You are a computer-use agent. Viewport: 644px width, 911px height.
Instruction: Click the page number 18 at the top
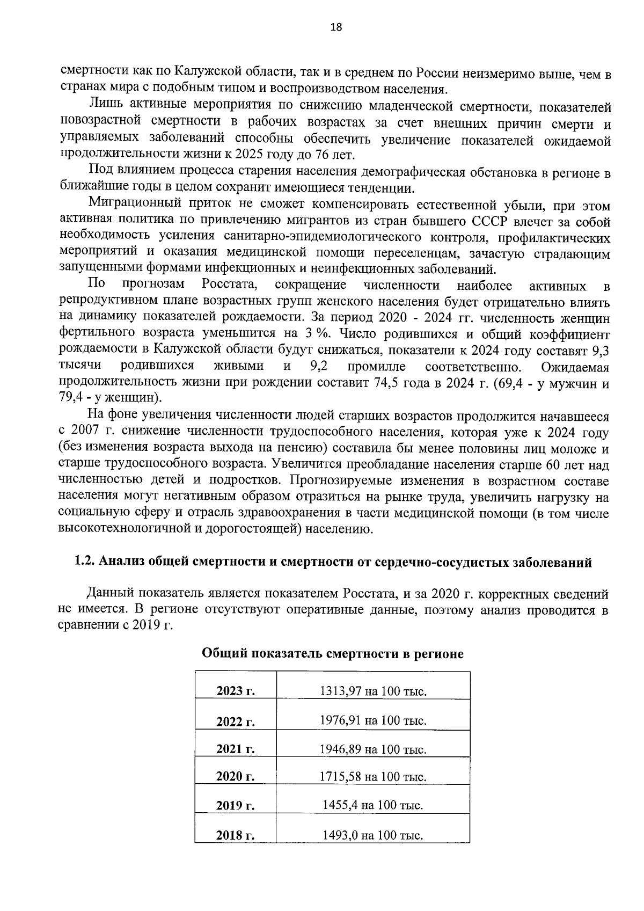[x=336, y=27]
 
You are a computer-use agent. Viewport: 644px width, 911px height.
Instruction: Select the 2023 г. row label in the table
[x=235, y=691]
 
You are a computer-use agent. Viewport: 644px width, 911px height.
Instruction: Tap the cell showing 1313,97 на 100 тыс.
[x=373, y=691]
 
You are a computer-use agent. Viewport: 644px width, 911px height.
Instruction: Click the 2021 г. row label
[x=235, y=749]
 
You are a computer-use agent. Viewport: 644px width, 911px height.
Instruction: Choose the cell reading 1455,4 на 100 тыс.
[x=373, y=805]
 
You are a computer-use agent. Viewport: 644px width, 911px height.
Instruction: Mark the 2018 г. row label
[x=235, y=835]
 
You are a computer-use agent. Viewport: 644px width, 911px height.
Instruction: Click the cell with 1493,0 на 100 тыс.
[x=373, y=835]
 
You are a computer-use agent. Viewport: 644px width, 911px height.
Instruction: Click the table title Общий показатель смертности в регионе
[x=332, y=654]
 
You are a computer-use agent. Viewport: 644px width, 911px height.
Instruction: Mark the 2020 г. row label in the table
[x=235, y=777]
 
